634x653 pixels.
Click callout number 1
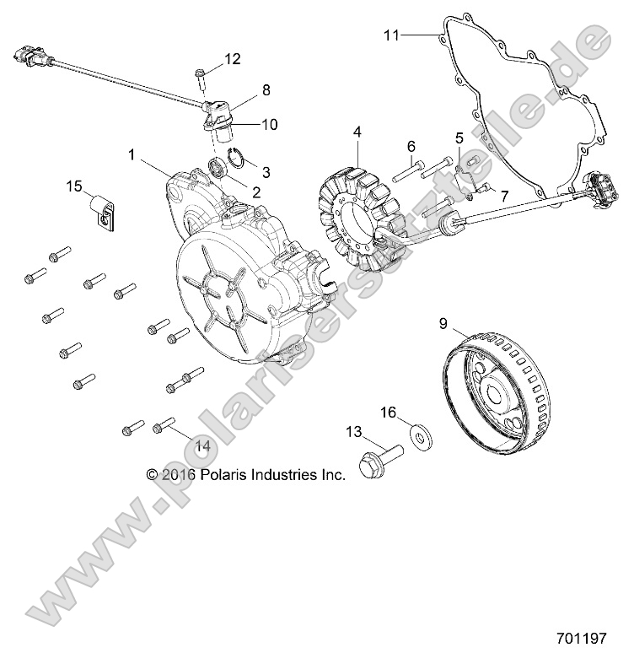click(132, 154)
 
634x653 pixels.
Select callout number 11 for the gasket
click(390, 35)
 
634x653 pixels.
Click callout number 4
click(357, 132)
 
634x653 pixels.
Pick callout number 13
click(352, 431)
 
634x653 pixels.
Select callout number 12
click(232, 59)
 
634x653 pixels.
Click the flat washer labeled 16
click(417, 435)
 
